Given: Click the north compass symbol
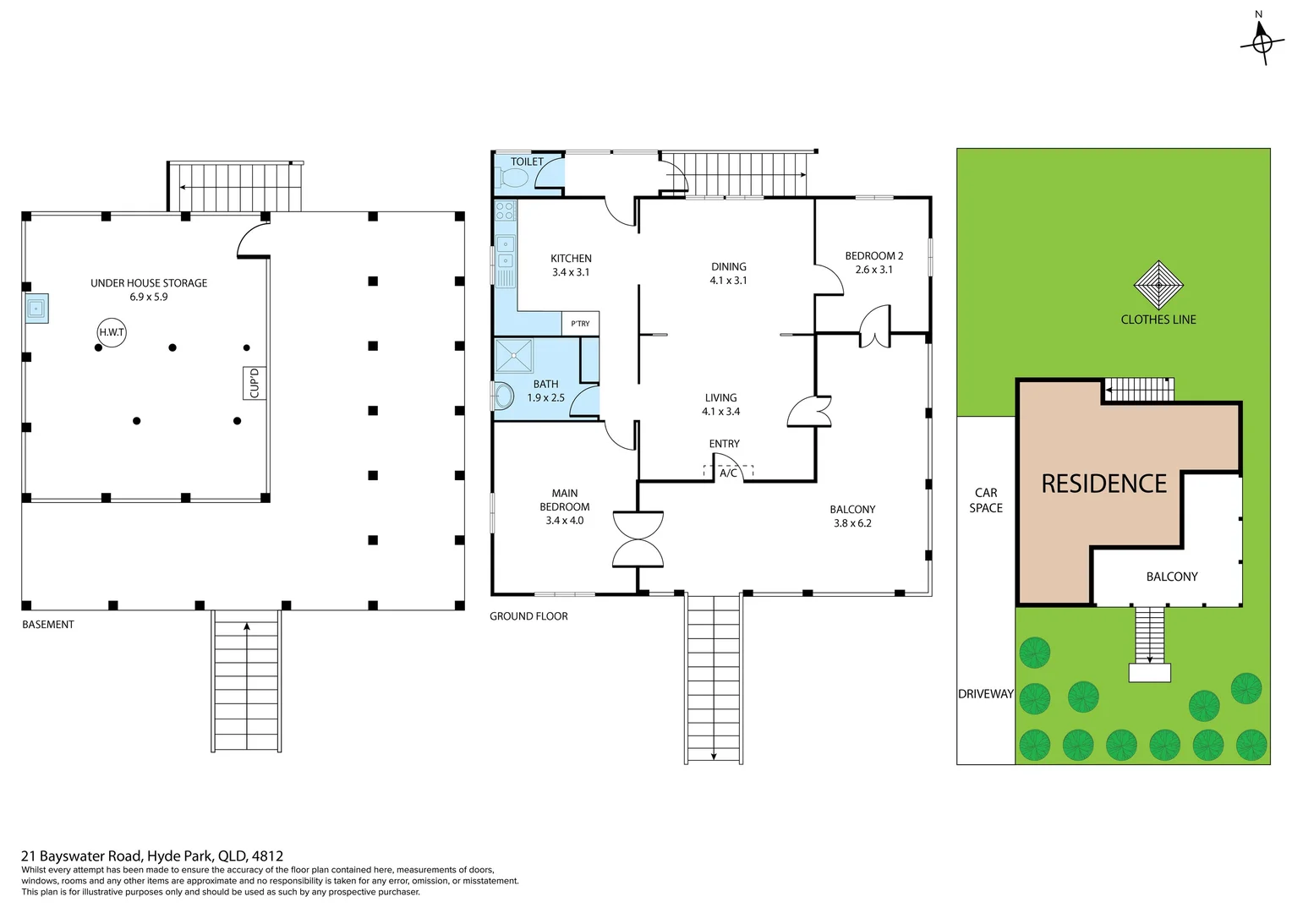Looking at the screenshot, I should pos(1261,41).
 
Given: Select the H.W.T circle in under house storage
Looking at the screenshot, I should pos(112,332).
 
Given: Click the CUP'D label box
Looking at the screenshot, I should pos(255,383).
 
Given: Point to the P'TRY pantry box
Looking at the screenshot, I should pos(580,324).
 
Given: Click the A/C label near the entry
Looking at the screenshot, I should pos(728,473).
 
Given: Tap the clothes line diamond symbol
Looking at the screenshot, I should pos(1158,286).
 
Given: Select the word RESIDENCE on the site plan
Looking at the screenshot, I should pos(1103,484).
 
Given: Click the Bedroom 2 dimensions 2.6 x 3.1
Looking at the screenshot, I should pos(873,270).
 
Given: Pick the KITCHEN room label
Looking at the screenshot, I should pos(571,259).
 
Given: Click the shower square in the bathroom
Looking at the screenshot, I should pos(514,356).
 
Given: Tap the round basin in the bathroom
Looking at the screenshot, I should pos(504,395).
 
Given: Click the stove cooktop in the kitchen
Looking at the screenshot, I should pos(505,210).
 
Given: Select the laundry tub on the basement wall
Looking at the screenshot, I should pos(36,309).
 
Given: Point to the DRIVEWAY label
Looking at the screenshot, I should pos(985,694).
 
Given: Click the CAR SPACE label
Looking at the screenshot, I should pos(986,500).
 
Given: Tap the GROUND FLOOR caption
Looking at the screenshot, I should pos(528,616).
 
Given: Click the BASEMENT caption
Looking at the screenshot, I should pos(48,625).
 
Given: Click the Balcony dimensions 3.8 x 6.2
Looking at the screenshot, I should pos(852,523).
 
